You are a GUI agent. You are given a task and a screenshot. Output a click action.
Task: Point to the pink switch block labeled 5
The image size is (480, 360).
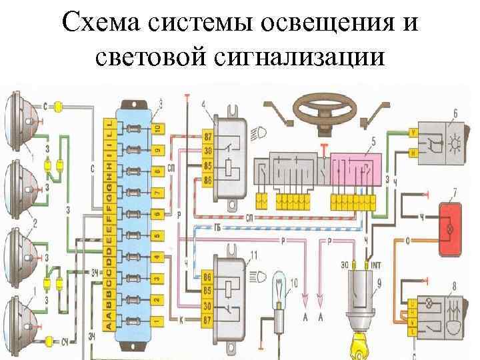coord(357,167)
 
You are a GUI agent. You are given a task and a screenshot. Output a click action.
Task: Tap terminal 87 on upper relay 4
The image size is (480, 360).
coord(208,137)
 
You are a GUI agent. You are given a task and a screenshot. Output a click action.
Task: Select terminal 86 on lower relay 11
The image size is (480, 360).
coord(208,275)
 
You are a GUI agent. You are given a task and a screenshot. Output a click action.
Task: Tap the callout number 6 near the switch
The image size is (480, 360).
coord(455,113)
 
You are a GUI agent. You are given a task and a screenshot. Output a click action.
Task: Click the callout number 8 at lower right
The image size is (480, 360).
coord(454,287)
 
